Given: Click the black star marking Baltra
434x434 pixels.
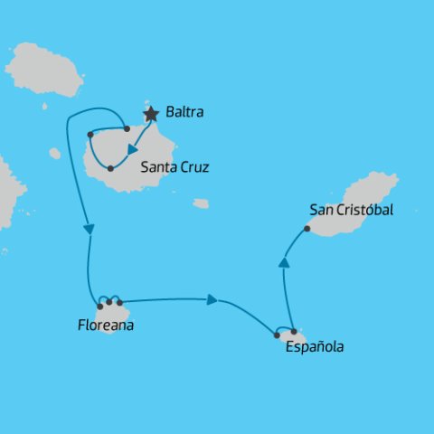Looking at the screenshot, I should coord(152,114).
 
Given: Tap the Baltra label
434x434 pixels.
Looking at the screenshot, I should coord(185,114).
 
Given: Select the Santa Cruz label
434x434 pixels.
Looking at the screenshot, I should coord(175,167).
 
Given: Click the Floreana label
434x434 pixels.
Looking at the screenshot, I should coord(106,325).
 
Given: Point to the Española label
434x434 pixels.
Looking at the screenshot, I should coord(314,346).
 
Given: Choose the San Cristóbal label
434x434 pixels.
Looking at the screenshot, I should coord(351,210).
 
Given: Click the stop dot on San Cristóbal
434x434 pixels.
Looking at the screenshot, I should coord(307,229).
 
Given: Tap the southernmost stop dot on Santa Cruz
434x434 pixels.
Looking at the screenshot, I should coord(110,168).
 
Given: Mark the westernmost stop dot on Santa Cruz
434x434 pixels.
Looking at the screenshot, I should coord(90,135).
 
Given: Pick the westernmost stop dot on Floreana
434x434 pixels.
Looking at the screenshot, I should coord(99,307).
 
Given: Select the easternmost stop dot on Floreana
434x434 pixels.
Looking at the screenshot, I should coord(119,302).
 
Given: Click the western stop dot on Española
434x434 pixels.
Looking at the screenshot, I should coord(277,335).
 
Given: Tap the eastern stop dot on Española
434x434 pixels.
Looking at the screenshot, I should coord(294,332).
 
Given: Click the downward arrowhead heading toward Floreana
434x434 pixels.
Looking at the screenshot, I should coord(89,230).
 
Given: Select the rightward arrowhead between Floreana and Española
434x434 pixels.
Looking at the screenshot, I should coord(212,299).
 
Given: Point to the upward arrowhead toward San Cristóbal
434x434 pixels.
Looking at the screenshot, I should coord(284,262).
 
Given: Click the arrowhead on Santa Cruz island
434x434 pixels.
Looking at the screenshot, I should coord(133,151).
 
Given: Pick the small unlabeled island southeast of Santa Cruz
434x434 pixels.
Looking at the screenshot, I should coord(201,203).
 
